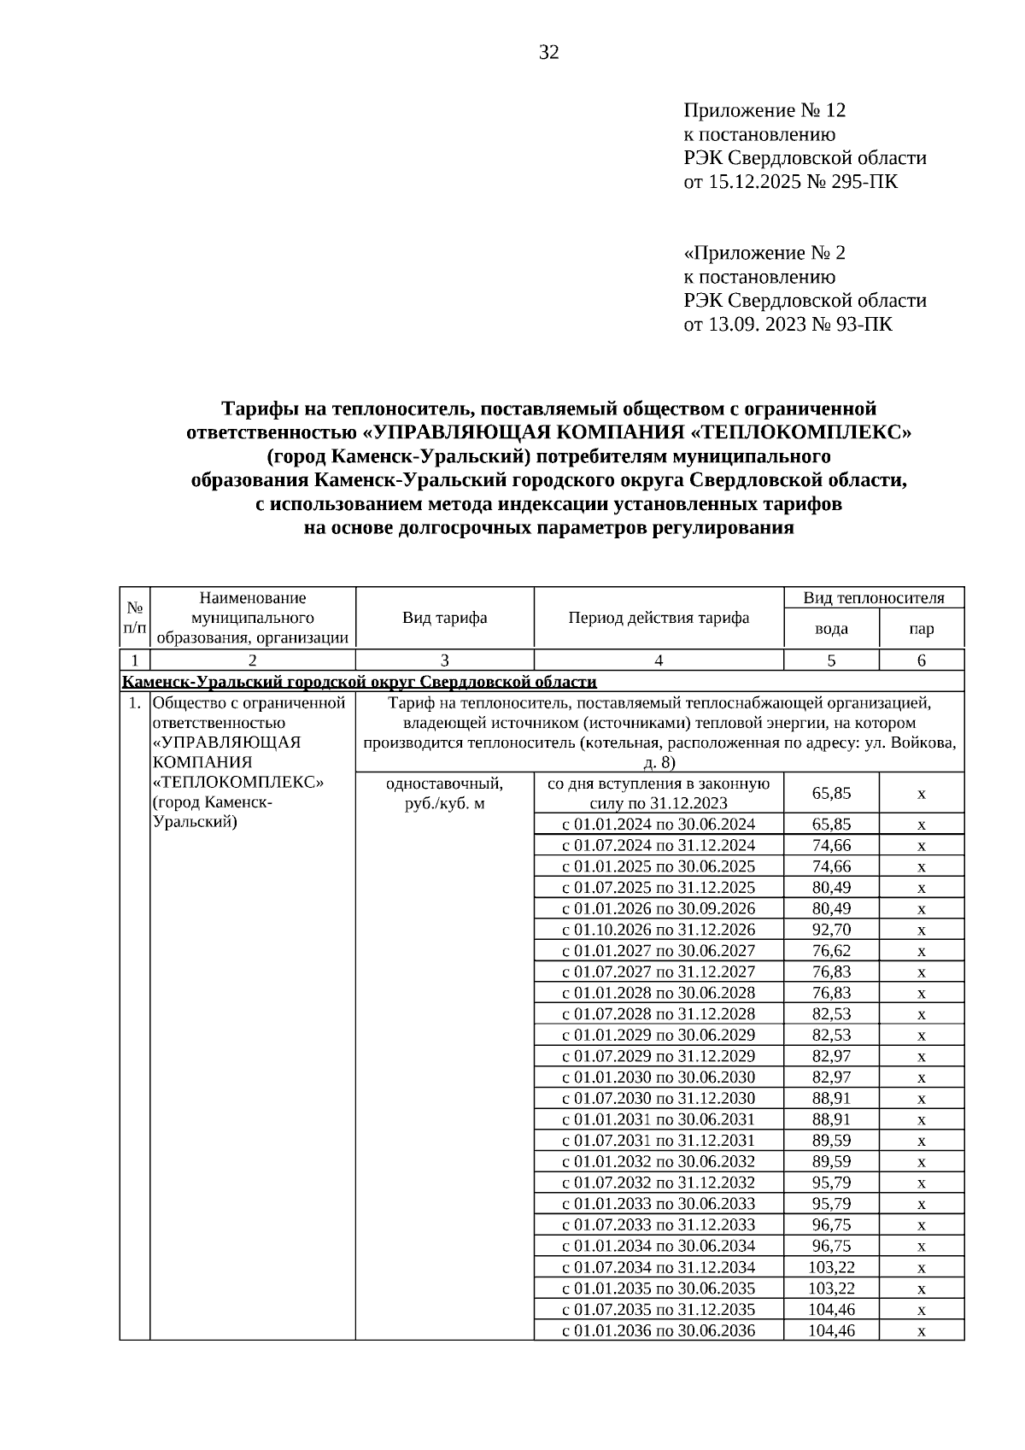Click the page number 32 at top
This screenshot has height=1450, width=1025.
coord(549,53)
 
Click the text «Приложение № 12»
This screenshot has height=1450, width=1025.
coord(764,110)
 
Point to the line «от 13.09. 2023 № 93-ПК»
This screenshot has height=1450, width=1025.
coord(788,324)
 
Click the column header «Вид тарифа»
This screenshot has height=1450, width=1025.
coord(444,617)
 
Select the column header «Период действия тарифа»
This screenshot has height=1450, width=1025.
coord(659,617)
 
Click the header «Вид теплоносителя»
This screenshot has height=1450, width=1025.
coord(874,597)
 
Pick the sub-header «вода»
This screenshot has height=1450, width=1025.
coord(831,629)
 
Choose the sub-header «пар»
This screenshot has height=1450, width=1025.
coord(922,629)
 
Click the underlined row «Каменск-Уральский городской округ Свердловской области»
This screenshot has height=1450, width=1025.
coord(359,681)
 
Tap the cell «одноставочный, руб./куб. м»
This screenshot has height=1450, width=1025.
coord(444,794)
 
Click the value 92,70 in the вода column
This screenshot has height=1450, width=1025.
coord(831,930)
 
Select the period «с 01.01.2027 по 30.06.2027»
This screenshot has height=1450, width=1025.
coord(659,950)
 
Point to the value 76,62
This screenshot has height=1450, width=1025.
coord(831,950)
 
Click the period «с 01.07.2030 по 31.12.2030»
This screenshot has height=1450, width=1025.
coord(659,1098)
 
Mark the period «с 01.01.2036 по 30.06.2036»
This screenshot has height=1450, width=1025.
coord(659,1330)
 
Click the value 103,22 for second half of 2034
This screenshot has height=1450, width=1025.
coord(831,1267)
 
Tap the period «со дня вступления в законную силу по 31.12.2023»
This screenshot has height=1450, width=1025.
coord(659,794)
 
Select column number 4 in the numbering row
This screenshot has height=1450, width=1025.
coord(659,660)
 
